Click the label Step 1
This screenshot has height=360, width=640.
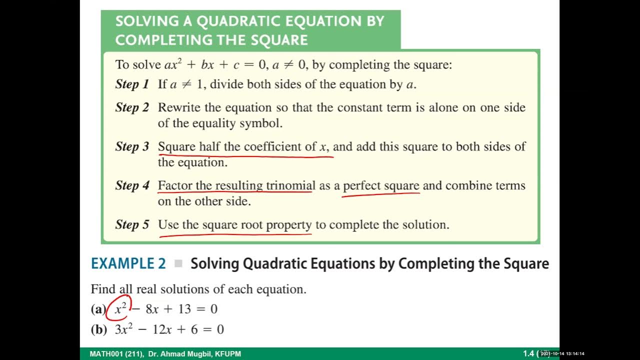tap(132, 84)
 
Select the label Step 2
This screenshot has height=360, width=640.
tap(132, 107)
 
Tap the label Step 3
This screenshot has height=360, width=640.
tap(132, 146)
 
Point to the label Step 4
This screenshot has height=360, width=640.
tap(132, 185)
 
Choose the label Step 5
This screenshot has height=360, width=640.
tap(132, 224)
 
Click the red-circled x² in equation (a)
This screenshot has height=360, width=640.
tap(120, 308)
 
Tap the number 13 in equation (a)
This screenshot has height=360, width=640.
tap(184, 309)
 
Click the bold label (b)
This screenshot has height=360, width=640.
tap(99, 329)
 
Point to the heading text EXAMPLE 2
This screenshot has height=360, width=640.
tap(128, 264)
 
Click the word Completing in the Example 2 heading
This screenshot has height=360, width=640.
tap(437, 264)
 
